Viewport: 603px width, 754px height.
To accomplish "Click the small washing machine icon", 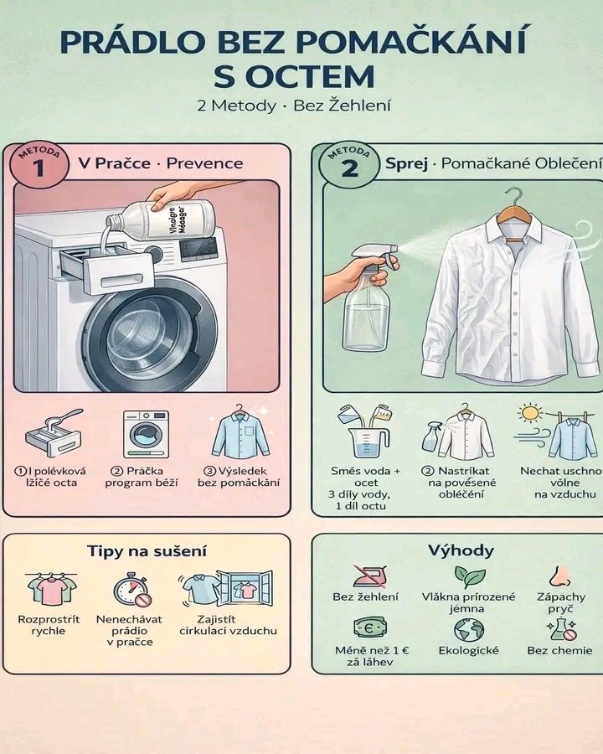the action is tap(146, 434).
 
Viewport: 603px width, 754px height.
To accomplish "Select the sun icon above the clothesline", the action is tap(530, 412).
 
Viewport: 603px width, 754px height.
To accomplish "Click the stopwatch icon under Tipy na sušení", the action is tap(131, 589).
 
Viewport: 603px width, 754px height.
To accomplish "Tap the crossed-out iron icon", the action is tap(370, 576).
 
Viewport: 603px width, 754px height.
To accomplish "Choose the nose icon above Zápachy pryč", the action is tap(559, 576).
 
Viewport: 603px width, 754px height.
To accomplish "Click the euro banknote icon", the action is tap(370, 627).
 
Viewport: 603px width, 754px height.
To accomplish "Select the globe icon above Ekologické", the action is tap(469, 629).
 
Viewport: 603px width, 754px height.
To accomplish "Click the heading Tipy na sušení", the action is tap(147, 550).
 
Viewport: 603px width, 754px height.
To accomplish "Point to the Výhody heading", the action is tap(461, 550).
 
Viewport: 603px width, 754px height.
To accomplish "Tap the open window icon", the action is tap(245, 588).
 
